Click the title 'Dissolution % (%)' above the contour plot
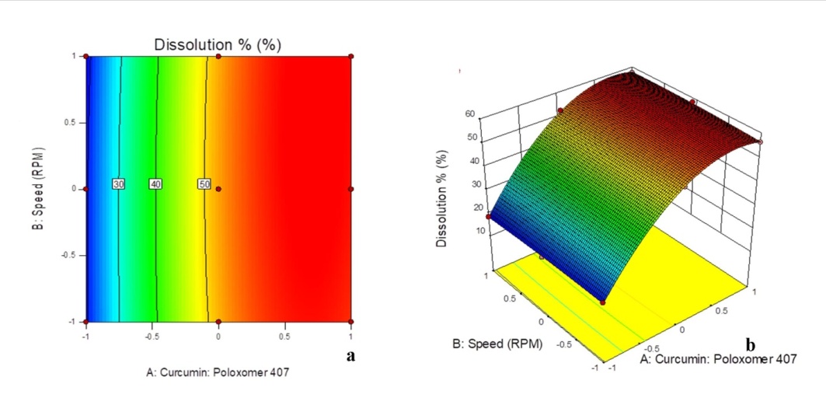pyautogui.click(x=218, y=44)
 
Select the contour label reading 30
pyautogui.click(x=119, y=184)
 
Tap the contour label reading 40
pyautogui.click(x=156, y=184)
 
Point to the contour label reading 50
pyautogui.click(x=204, y=184)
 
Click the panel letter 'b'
pyautogui.click(x=750, y=344)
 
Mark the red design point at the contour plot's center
pyautogui.click(x=218, y=189)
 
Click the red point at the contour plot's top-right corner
pyautogui.click(x=351, y=56)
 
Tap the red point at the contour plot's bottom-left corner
pyautogui.click(x=86, y=322)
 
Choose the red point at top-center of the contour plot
pyautogui.click(x=218, y=56)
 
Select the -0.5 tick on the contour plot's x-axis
pyautogui.click(x=152, y=337)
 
